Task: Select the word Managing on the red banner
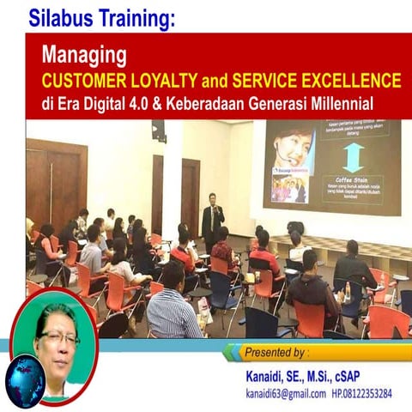point(85,57)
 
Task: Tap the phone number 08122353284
point(366,394)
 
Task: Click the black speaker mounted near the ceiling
point(159,130)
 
